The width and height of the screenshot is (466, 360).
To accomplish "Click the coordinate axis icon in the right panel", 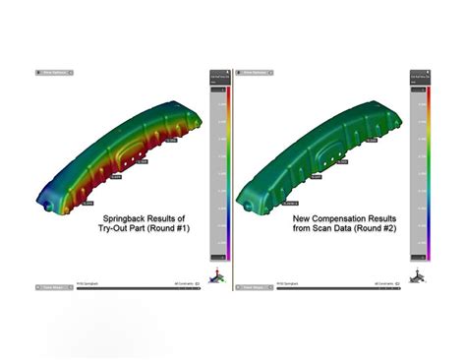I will click(x=417, y=276).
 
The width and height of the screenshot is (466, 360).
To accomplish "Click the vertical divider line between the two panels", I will click(x=233, y=177).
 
